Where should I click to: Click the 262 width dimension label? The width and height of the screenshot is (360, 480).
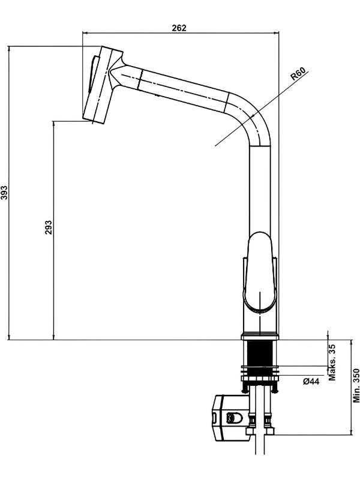179,28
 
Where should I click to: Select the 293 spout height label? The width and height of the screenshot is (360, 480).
49,227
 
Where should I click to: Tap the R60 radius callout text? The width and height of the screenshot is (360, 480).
298,74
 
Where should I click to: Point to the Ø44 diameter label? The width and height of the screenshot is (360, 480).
311,382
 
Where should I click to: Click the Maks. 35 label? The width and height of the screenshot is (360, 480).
332,362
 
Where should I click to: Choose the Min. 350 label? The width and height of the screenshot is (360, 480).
356,385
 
